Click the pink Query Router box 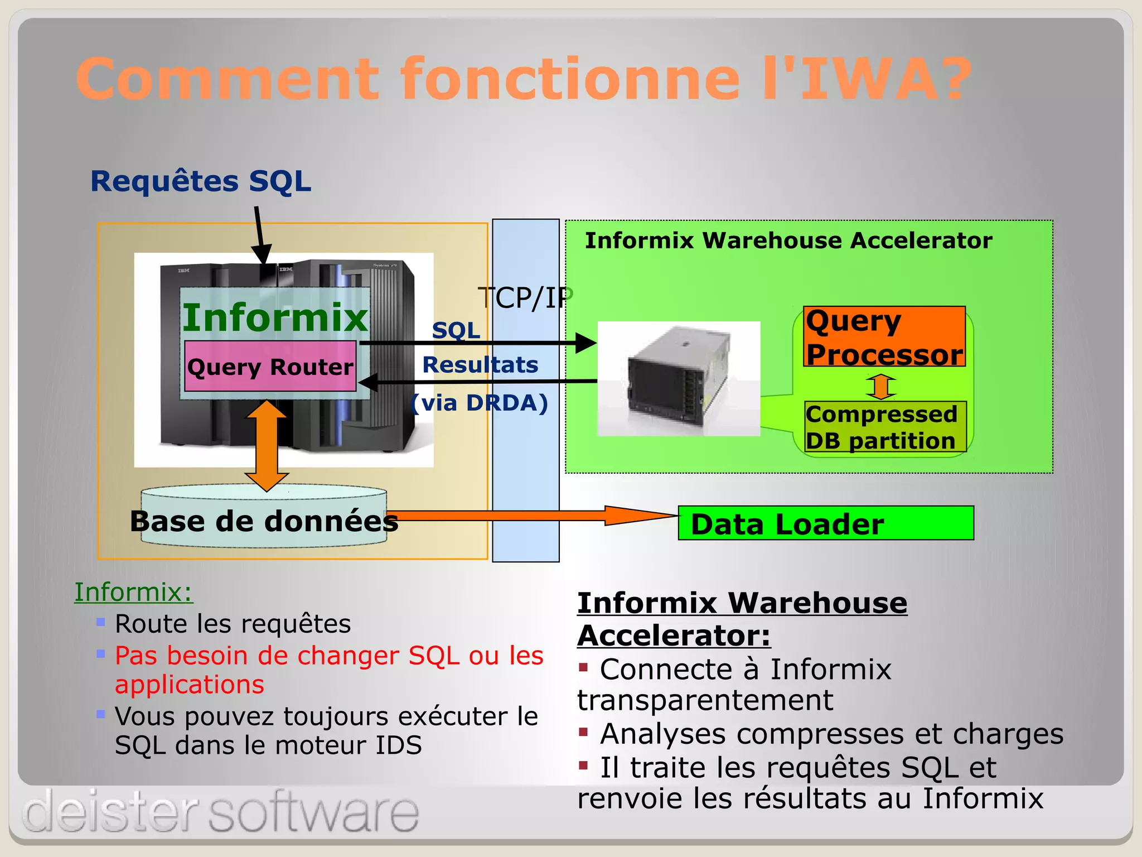coord(270,367)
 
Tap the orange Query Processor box coord(884,337)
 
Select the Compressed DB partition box coord(885,427)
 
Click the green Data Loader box coord(825,523)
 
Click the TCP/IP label coord(525,298)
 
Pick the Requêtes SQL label coord(201,181)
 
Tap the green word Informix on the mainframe coord(275,317)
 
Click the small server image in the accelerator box coord(679,379)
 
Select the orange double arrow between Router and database coord(267,445)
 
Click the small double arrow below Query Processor coord(881,386)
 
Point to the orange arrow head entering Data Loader coord(641,516)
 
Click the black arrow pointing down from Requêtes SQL coord(260,234)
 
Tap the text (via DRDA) coord(480,403)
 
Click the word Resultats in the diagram coord(480,365)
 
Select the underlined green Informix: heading coord(133,592)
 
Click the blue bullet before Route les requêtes coord(101,622)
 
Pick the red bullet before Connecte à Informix coord(583,667)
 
